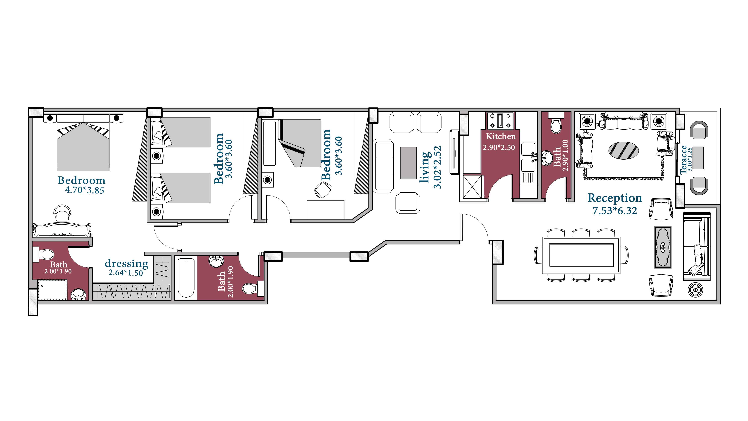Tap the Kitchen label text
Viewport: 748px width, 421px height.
pyautogui.click(x=501, y=136)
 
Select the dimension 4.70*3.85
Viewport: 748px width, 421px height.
pyautogui.click(x=85, y=190)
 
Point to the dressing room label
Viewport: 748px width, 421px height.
pyautogui.click(x=126, y=263)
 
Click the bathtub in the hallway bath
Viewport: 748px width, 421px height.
pyautogui.click(x=186, y=277)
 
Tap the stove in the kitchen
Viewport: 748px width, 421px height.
pyautogui.click(x=500, y=120)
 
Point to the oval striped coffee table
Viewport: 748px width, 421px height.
pyautogui.click(x=623, y=150)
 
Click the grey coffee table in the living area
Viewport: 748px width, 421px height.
pyautogui.click(x=408, y=163)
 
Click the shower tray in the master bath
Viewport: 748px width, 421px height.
pyautogui.click(x=52, y=289)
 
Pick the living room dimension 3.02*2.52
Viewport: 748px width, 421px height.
pyautogui.click(x=437, y=167)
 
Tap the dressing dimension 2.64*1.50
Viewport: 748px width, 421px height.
pyautogui.click(x=126, y=273)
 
